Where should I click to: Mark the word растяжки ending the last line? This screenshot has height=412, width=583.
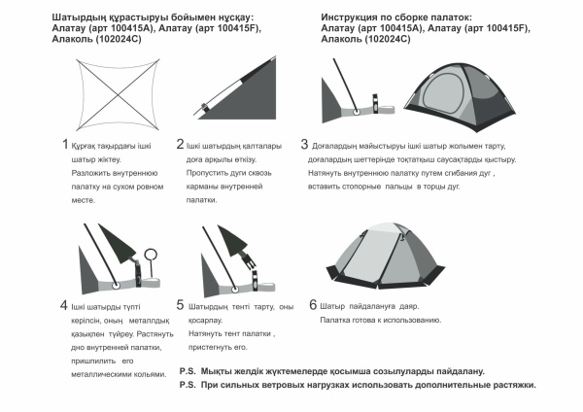(509, 385)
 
